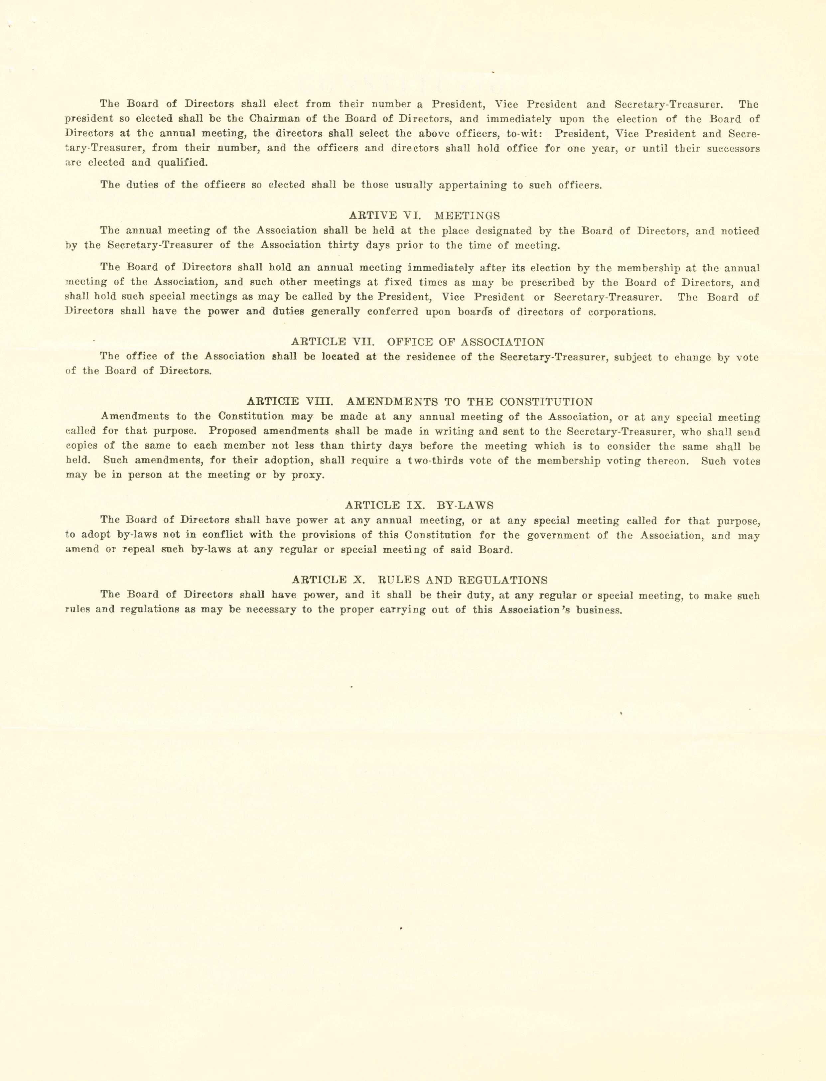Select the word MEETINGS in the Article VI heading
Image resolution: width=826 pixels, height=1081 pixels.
[x=467, y=215]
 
